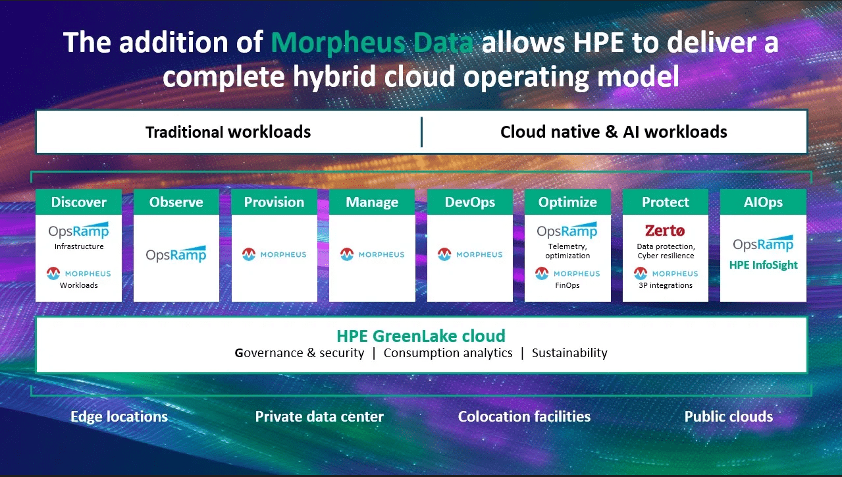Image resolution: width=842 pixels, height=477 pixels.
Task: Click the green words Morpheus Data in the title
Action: pos(372,43)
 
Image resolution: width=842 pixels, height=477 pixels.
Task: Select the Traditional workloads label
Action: pos(228,132)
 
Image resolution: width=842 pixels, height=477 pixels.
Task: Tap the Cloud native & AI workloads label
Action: pos(614,132)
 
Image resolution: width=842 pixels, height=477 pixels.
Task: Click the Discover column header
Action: pos(78,202)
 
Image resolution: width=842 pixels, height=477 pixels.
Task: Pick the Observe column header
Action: pos(176,202)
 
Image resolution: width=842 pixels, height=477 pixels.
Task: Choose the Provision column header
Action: pos(274,202)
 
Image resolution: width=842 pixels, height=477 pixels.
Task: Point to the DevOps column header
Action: pos(470,202)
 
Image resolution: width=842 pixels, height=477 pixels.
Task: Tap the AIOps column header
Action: pos(763,202)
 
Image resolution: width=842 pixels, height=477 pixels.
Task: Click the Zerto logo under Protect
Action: pos(666,231)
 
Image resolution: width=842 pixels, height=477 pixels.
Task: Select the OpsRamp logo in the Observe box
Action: pos(176,254)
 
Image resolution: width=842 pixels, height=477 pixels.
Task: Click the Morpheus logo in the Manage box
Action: pos(372,254)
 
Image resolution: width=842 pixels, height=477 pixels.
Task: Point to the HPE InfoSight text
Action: pos(763,265)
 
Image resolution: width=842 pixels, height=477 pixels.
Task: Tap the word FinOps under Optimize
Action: pos(567,285)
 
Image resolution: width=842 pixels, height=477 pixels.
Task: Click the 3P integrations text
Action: pos(666,285)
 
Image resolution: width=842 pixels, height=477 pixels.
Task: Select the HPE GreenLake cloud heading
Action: pos(421,335)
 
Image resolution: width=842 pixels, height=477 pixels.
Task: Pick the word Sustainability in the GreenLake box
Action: pos(569,352)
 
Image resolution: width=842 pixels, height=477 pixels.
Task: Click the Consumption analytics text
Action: pos(448,352)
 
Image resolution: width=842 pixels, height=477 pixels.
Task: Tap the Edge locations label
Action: pos(119,416)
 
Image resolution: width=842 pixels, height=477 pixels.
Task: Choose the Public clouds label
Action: pos(728,416)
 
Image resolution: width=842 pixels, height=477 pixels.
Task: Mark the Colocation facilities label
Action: pos(524,416)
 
